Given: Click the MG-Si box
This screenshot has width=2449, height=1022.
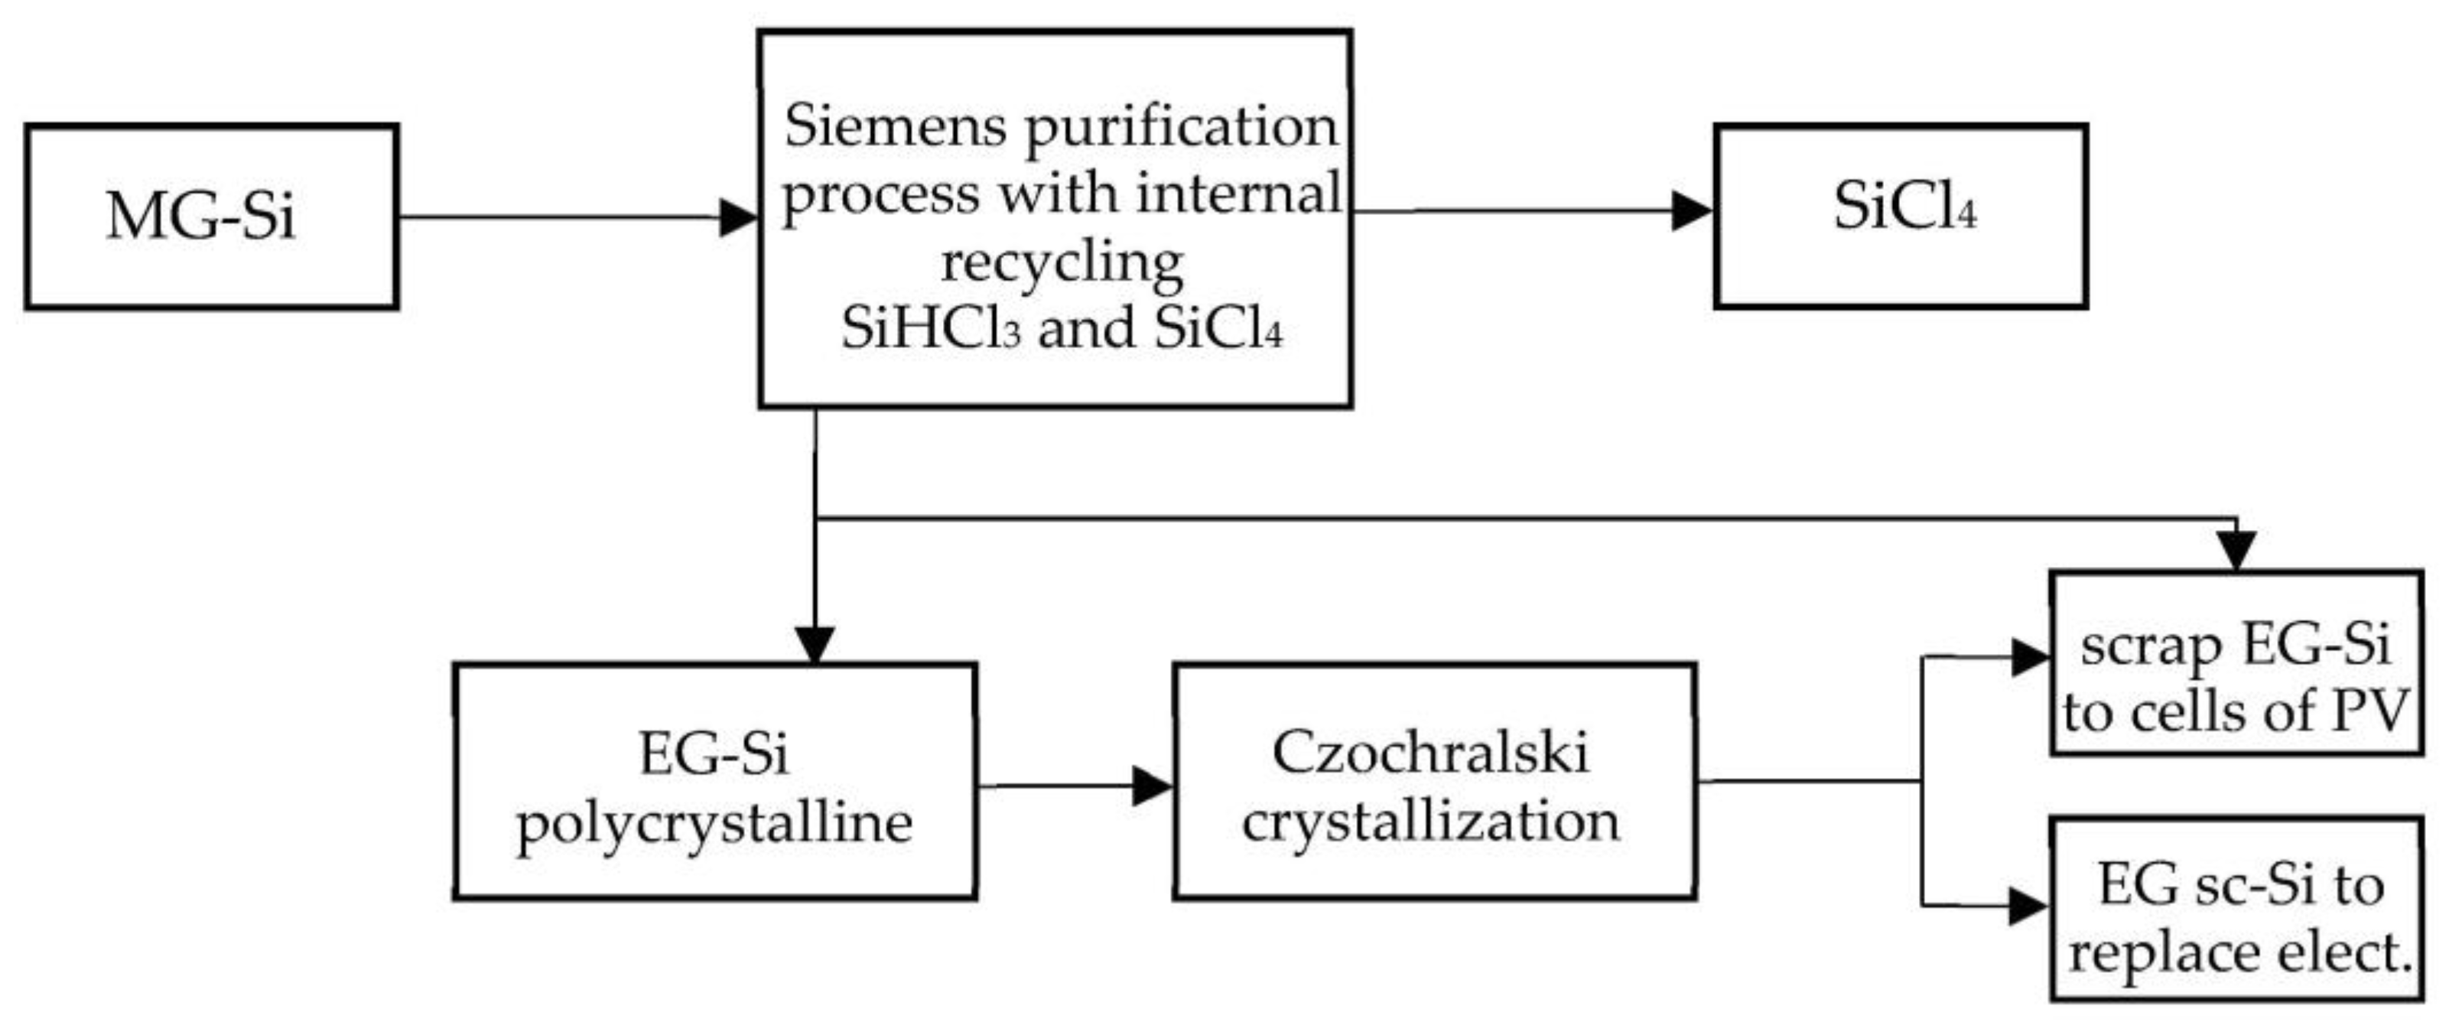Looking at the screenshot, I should (211, 216).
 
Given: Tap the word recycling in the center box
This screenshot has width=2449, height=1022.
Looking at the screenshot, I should (1062, 262).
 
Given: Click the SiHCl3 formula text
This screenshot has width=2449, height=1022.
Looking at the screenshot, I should (930, 330).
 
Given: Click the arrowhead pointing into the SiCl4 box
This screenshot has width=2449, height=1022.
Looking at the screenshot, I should (1693, 211).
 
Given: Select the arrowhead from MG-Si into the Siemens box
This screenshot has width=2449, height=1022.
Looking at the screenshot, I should (739, 218).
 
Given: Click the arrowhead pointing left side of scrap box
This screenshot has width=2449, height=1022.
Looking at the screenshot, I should (2030, 658).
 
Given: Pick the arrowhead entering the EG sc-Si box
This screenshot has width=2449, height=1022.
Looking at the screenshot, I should (2027, 906).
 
